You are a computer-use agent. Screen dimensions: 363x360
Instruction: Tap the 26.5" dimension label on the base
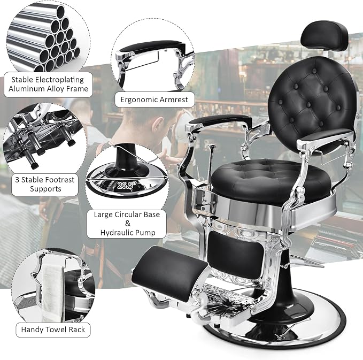click(x=127, y=185)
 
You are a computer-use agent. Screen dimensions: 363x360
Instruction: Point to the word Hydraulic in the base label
click(x=117, y=232)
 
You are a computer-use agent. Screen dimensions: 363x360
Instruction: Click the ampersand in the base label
click(x=128, y=223)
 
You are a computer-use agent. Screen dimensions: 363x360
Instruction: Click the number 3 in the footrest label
click(x=17, y=180)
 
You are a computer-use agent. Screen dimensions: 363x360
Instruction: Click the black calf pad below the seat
click(x=236, y=255)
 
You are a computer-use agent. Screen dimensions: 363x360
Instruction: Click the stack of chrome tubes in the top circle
click(x=43, y=37)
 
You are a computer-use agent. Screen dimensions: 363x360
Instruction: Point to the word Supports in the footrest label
click(x=45, y=189)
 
